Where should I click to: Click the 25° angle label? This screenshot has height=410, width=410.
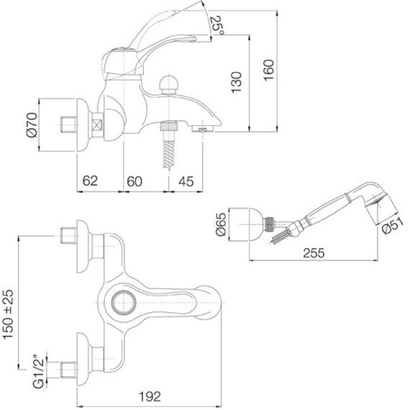pyautogui.click(x=217, y=27)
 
